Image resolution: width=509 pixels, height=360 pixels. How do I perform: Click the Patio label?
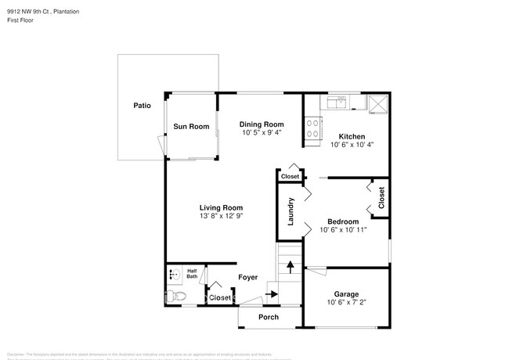[142, 105]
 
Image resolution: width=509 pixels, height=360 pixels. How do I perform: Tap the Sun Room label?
[191, 126]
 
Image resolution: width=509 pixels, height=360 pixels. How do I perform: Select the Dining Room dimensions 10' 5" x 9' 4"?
[262, 133]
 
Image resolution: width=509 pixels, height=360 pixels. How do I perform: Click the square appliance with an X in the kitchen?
[377, 103]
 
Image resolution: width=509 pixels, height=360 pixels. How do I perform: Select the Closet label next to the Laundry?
[290, 177]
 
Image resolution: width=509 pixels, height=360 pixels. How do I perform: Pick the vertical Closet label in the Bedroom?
[381, 197]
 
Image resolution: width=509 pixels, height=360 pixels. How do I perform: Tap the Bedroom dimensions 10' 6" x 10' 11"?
[342, 230]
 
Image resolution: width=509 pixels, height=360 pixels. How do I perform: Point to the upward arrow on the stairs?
[290, 267]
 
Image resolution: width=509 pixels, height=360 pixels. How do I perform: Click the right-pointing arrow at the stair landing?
[272, 294]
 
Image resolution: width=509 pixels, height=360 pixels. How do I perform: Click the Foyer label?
[248, 277]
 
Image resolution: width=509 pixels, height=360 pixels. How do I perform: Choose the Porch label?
[269, 317]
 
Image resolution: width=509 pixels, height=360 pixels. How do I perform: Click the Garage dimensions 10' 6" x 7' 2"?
[346, 302]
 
